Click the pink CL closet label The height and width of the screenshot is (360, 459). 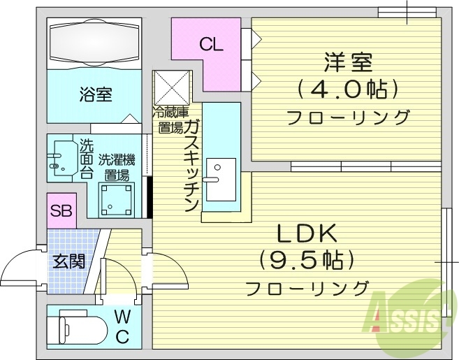coord(210,45)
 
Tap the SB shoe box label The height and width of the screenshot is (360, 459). coord(61,211)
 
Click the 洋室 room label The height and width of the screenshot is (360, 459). coord(347,62)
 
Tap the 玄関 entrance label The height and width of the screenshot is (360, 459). coord(69,262)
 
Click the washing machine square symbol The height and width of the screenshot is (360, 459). coord(115,199)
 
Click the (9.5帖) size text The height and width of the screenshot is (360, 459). coord(307,260)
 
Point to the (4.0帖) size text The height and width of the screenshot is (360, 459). coord(347,89)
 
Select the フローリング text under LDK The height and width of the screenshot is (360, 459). coord(307,287)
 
